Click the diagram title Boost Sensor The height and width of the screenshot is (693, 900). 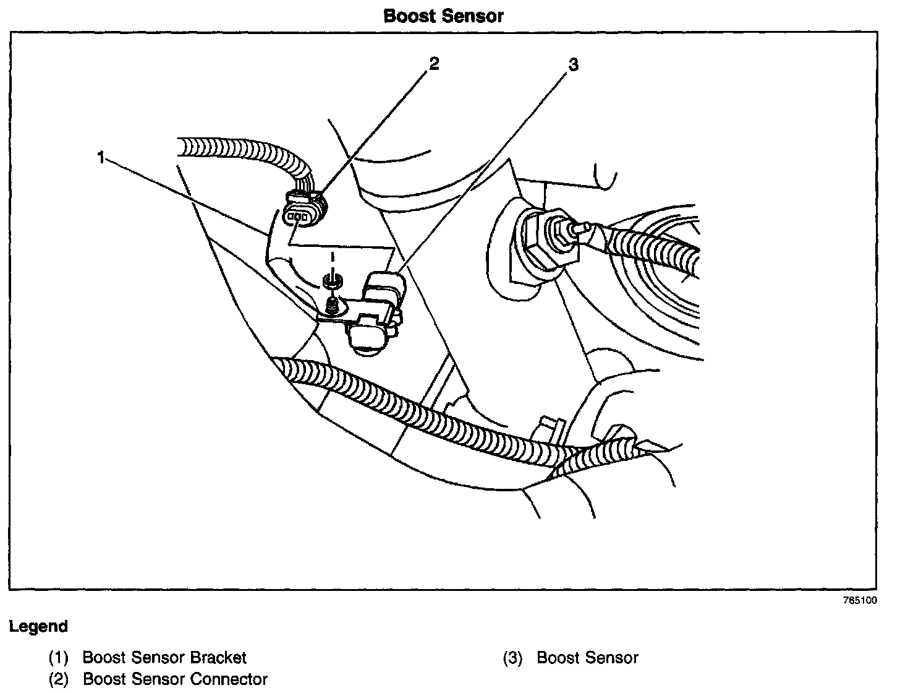click(443, 16)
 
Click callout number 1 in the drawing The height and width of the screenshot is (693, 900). click(100, 158)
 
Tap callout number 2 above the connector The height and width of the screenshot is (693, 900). click(434, 63)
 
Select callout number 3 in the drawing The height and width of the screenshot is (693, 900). click(574, 64)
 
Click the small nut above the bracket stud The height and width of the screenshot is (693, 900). click(333, 282)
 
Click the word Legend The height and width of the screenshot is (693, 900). click(38, 626)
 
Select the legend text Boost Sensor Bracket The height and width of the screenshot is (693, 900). click(164, 658)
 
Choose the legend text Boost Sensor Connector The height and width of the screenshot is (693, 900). click(175, 679)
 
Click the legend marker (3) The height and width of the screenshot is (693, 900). click(514, 658)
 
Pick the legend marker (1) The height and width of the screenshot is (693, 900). click(59, 658)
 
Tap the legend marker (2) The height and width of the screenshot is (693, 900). click(59, 679)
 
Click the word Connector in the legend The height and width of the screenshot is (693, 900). click(229, 679)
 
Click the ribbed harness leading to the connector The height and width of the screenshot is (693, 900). click(241, 152)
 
